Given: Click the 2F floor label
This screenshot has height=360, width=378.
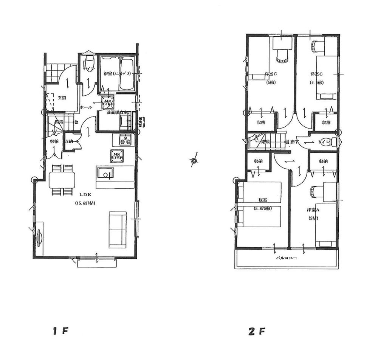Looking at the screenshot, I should click(x=257, y=332).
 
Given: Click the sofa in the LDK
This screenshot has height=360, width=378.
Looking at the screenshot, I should click(x=117, y=230).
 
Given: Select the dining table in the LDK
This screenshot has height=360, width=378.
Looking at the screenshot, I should click(x=62, y=180).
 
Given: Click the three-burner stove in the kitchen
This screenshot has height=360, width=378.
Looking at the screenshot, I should click(x=124, y=140).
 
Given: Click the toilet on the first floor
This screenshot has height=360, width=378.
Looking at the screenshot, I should click(x=88, y=63).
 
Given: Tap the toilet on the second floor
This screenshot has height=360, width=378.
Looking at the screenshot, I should click(x=333, y=142).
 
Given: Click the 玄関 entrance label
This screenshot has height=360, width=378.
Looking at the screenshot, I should click(x=62, y=98).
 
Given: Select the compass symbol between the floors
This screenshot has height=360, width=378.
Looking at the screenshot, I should click(x=194, y=161).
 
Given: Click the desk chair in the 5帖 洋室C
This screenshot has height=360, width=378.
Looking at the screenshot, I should click(x=282, y=56).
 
